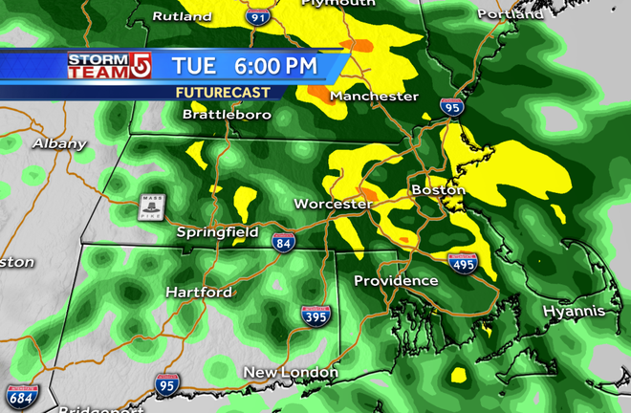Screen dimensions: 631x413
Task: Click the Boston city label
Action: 438,190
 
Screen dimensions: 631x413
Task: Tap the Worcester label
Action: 333,205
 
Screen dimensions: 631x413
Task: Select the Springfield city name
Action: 217,232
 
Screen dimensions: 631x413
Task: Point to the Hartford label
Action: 199,292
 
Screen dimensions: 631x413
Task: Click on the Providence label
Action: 396,281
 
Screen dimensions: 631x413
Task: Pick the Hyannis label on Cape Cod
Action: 574,312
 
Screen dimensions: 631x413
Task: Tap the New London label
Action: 291,372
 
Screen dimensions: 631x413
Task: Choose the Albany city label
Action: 59,143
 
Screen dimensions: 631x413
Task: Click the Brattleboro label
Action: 227,114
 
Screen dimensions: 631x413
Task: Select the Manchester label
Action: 374,97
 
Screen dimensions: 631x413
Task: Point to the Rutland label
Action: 182,16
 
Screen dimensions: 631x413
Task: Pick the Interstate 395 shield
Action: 315,316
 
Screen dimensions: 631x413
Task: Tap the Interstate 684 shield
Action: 20,396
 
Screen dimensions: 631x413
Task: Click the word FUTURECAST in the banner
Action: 222,92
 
